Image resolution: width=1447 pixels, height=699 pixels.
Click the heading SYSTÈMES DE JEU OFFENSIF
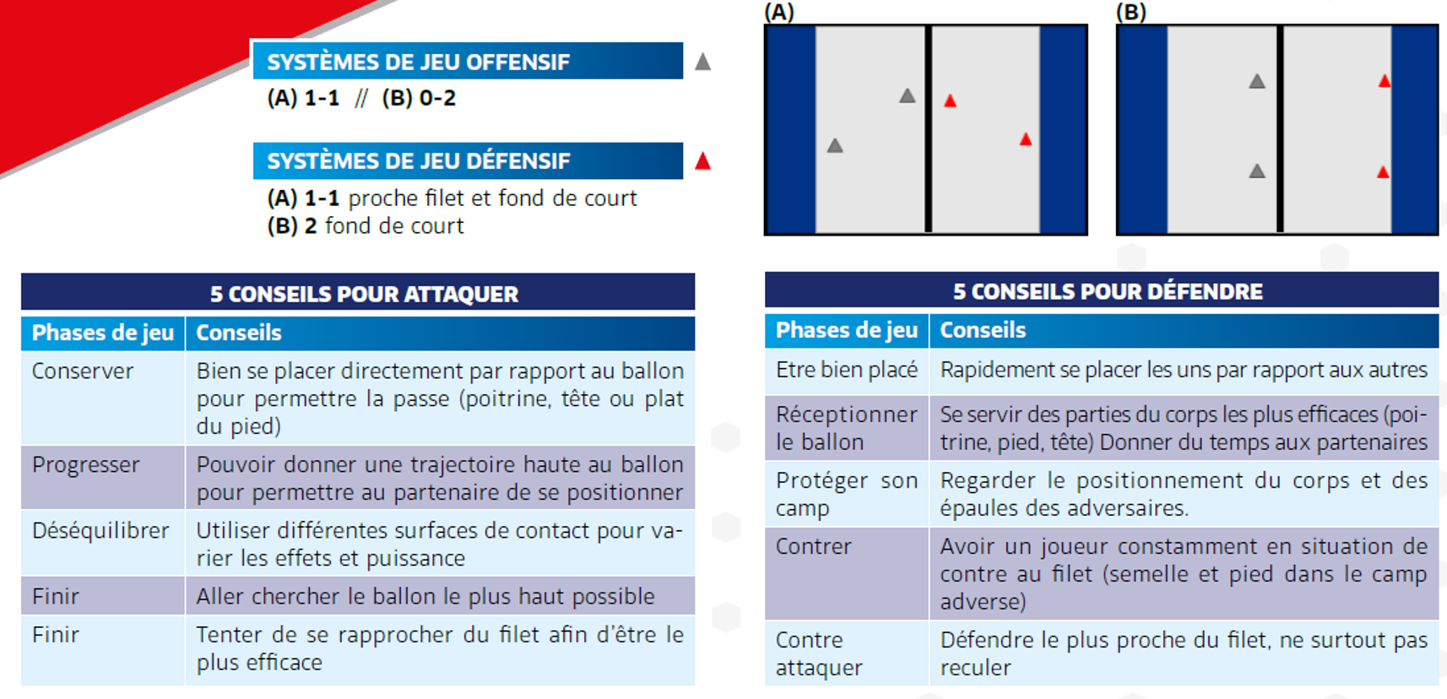pyautogui.click(x=418, y=62)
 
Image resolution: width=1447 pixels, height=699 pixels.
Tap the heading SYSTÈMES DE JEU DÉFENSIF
pyautogui.click(x=419, y=161)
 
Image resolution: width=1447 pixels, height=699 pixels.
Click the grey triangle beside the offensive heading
pyautogui.click(x=703, y=62)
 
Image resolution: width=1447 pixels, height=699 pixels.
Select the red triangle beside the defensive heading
pyautogui.click(x=703, y=161)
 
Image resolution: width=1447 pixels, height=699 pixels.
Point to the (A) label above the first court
pyautogui.click(x=779, y=12)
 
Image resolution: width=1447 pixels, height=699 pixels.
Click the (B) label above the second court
pyautogui.click(x=1130, y=12)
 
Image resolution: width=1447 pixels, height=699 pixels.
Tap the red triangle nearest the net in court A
pyautogui.click(x=950, y=100)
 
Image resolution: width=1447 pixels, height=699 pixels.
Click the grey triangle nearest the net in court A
pyautogui.click(x=908, y=96)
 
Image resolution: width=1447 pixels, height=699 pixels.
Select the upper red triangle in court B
pyautogui.click(x=1385, y=81)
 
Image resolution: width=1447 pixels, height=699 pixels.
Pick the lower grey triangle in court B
pyautogui.click(x=1257, y=171)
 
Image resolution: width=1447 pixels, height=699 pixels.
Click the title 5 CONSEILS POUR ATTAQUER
pyautogui.click(x=365, y=294)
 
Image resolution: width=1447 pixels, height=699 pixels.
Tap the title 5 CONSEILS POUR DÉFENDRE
pyautogui.click(x=1108, y=291)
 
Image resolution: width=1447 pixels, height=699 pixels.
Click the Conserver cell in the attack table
pyautogui.click(x=83, y=371)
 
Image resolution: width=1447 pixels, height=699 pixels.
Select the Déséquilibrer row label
pyautogui.click(x=100, y=530)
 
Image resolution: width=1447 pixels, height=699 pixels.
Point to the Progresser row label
pyautogui.click(x=86, y=465)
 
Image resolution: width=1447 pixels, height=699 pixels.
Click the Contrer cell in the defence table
pyautogui.click(x=814, y=546)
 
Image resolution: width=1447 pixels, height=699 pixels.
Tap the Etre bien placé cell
pyautogui.click(x=847, y=370)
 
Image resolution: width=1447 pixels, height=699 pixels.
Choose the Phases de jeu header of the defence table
pyautogui.click(x=847, y=330)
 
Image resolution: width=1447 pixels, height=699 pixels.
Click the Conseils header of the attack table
pyautogui.click(x=239, y=333)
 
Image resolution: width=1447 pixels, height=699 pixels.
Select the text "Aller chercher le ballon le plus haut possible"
pyautogui.click(x=425, y=596)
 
